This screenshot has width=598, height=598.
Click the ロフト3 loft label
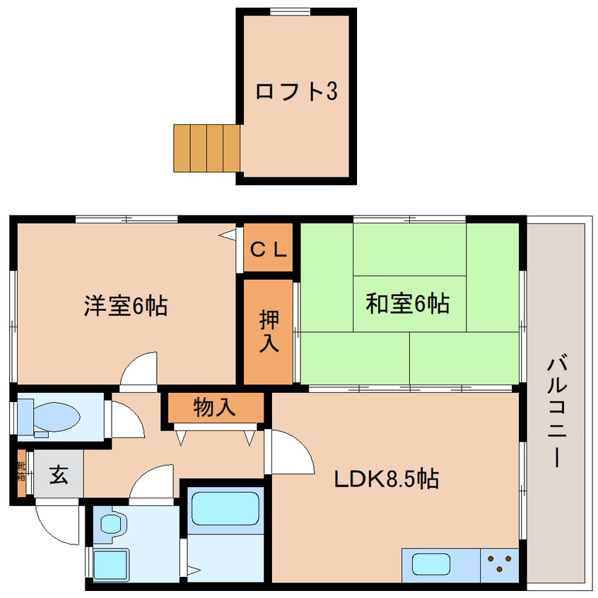(x=295, y=91)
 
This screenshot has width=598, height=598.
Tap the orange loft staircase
(x=207, y=148)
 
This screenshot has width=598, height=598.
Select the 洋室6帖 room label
(x=126, y=305)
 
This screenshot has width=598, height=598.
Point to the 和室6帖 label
(x=407, y=304)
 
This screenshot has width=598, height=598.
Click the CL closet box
(x=268, y=248)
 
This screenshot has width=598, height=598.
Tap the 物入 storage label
(x=215, y=407)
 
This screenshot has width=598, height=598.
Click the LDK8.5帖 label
(x=386, y=479)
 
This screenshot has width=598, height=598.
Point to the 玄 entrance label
(x=59, y=475)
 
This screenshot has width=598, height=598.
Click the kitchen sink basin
(x=431, y=565)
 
